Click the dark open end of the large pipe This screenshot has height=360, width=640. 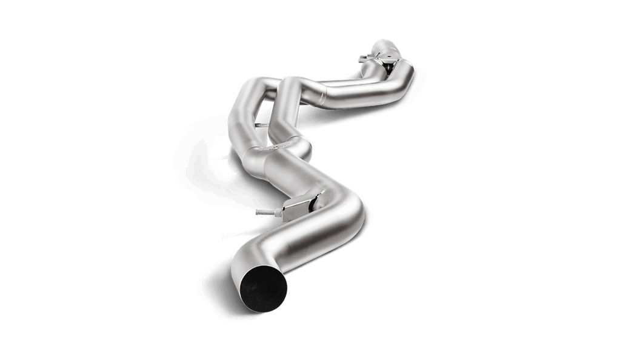[x=263, y=289]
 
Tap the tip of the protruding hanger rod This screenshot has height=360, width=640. [x=258, y=212]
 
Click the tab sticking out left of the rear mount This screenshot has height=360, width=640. [x=362, y=58]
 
